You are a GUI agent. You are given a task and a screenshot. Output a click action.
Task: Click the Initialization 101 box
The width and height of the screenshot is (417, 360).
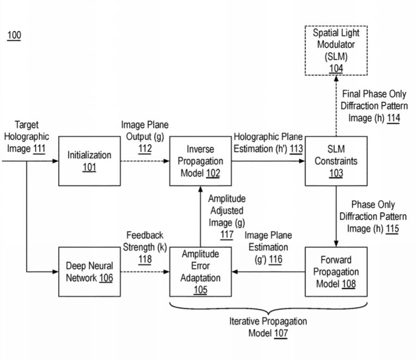(89, 161)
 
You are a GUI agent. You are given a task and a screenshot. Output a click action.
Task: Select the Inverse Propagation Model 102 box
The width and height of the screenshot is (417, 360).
(200, 161)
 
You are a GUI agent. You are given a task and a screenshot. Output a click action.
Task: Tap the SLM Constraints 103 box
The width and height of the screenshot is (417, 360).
(335, 161)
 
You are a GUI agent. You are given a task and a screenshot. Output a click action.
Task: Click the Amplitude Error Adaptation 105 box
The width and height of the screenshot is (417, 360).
(200, 271)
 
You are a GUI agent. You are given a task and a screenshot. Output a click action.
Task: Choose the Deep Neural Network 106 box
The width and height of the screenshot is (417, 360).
(89, 271)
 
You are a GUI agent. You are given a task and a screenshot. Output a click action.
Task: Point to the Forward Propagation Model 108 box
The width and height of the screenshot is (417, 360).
(335, 271)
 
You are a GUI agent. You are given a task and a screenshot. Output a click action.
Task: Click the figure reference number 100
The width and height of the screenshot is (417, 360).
(14, 36)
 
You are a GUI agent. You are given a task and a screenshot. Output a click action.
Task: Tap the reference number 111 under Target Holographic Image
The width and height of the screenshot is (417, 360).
(39, 148)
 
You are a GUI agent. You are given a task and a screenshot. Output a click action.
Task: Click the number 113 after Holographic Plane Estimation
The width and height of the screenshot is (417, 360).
(296, 148)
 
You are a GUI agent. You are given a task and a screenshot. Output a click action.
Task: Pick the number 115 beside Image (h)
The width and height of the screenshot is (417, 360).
(392, 229)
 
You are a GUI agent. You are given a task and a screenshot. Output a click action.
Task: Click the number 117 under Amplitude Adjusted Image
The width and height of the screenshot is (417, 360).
(227, 235)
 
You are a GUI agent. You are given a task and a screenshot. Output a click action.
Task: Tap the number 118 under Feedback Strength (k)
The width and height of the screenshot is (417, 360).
(144, 259)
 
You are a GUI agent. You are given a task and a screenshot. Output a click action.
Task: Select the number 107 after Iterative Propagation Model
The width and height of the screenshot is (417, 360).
(280, 333)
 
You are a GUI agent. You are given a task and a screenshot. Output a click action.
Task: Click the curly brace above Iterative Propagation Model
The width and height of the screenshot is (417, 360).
(267, 308)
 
